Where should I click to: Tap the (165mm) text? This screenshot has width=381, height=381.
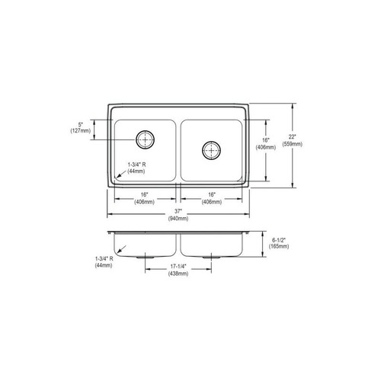[x=280, y=247]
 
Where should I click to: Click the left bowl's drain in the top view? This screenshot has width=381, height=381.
[x=144, y=139]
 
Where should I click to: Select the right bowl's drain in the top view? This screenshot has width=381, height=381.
[x=210, y=149]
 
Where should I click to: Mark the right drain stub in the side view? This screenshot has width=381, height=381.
[x=210, y=258]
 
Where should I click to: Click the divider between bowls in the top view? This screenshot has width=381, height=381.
[x=178, y=149]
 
